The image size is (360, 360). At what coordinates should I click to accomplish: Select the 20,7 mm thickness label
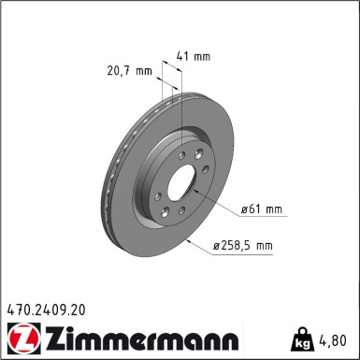[x=129, y=70]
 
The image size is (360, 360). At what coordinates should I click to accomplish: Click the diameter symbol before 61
[x=242, y=209]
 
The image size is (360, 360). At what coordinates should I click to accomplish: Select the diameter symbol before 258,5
[x=216, y=246]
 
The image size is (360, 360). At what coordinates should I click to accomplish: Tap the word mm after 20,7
[x=143, y=70]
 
